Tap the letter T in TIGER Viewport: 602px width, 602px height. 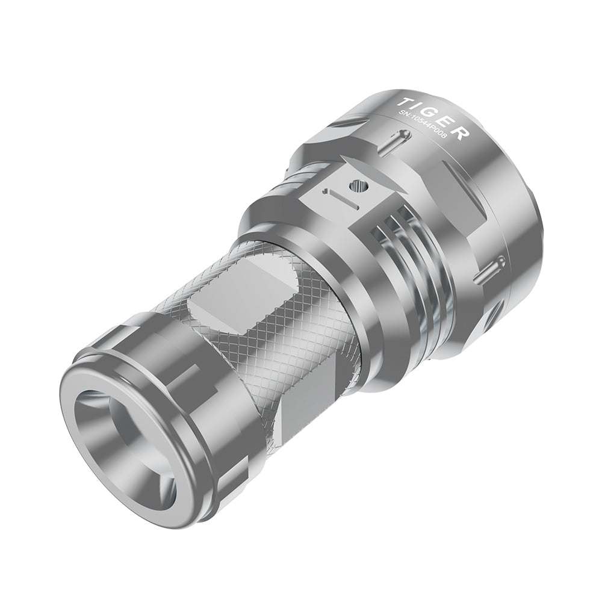tap(409, 100)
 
